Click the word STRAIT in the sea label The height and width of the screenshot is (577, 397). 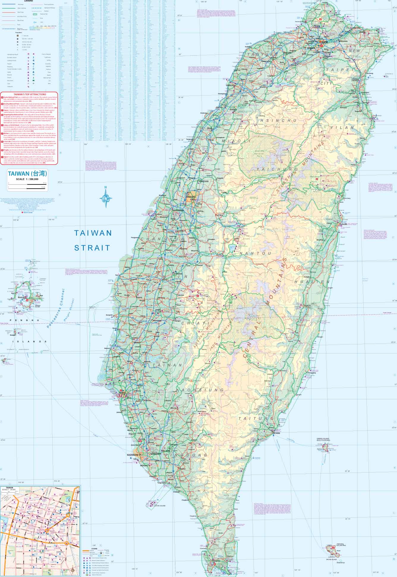pos(92,248)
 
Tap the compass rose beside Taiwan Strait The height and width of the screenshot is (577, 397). pos(105,198)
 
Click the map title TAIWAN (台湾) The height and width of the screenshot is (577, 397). pos(27,173)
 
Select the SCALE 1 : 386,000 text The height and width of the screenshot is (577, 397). pos(27,179)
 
